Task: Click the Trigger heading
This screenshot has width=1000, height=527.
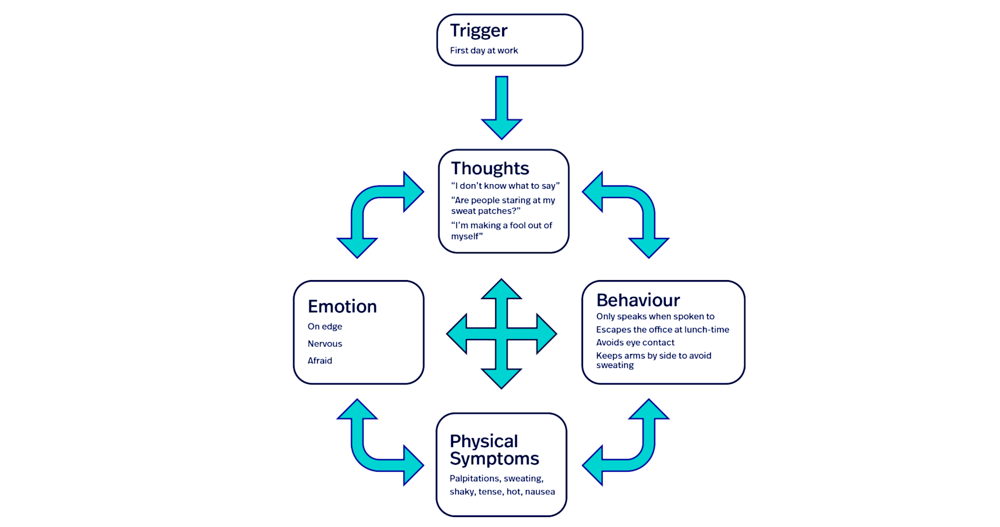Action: (478, 31)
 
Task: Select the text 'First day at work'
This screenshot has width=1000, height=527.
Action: (484, 51)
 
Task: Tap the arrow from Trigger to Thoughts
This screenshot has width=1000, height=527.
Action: (502, 108)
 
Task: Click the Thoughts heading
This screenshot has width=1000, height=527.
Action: (489, 168)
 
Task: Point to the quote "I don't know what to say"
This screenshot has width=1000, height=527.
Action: (505, 186)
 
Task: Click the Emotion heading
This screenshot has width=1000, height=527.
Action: (342, 306)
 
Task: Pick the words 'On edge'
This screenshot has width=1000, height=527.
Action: (325, 326)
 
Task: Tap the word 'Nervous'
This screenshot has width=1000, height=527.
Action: (325, 344)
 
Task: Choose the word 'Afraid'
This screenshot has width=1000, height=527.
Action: (319, 361)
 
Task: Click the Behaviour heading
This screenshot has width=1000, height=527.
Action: (638, 300)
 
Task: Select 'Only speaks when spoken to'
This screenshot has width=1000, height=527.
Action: (655, 316)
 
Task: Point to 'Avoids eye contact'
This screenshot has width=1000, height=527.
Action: (635, 343)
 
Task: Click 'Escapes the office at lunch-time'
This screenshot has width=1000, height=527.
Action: (663, 330)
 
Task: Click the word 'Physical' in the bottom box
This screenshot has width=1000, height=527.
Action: (484, 441)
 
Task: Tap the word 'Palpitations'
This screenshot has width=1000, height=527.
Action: (474, 479)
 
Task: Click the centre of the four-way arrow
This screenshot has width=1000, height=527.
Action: (502, 334)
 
